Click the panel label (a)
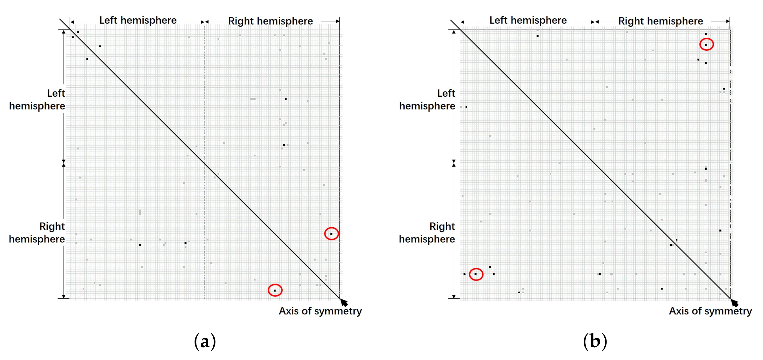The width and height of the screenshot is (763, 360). [x=205, y=341]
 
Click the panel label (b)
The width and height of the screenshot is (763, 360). [x=595, y=341]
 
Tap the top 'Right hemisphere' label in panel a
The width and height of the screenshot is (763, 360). [x=271, y=21]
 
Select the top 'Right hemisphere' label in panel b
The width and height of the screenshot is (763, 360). [x=661, y=21]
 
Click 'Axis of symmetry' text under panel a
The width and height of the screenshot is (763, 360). [x=320, y=311]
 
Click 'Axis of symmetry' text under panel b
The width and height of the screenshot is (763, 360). [x=710, y=311]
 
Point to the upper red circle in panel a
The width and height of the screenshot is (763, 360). [x=331, y=234]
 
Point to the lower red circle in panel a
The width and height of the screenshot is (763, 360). [x=275, y=290]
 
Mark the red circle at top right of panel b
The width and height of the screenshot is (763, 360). [x=706, y=45]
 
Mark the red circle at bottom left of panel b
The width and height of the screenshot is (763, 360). [x=476, y=274]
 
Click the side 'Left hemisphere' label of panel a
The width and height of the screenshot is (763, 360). [x=37, y=100]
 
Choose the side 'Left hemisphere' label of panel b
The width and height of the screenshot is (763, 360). [x=427, y=100]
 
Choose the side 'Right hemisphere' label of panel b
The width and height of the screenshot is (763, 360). [x=427, y=232]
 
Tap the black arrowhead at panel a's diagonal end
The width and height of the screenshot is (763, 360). [x=344, y=302]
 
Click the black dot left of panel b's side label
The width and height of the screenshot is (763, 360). [x=466, y=107]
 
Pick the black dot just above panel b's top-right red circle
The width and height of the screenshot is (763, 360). [x=706, y=34]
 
